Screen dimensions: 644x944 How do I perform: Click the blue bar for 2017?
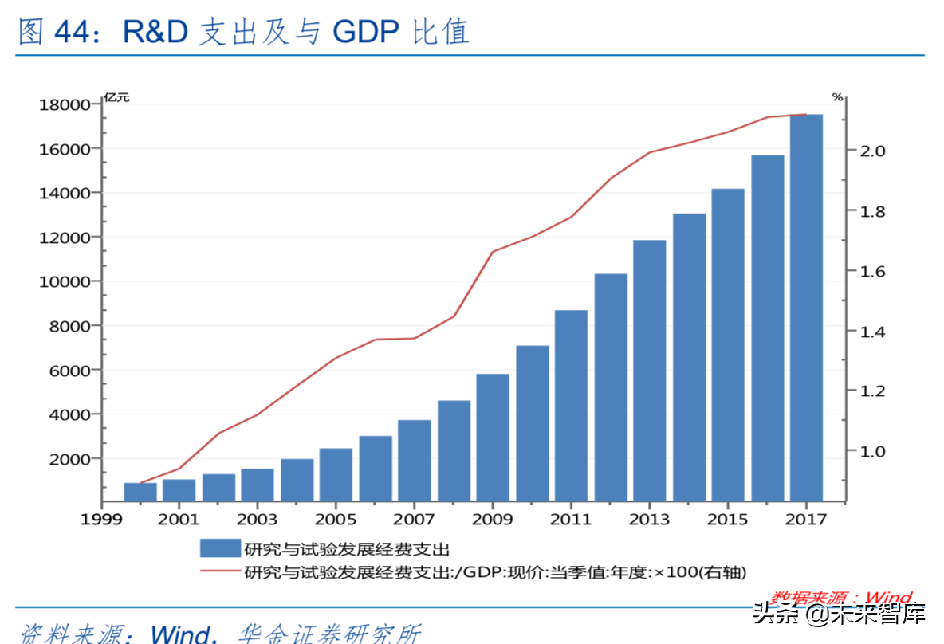point(806,308)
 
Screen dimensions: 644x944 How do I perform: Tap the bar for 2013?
point(649,370)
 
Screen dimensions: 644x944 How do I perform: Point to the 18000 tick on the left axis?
point(60,104)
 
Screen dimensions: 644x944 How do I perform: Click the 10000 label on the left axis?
point(60,281)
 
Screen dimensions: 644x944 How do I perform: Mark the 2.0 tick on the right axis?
point(870,151)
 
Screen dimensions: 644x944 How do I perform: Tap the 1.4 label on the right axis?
point(870,331)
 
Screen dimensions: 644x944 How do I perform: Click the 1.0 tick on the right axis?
point(870,451)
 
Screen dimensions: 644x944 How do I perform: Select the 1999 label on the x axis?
point(100,520)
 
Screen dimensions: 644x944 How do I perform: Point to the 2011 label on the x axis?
point(571,520)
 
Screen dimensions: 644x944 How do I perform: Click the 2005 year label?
point(336,520)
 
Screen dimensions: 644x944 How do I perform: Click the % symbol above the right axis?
point(837,97)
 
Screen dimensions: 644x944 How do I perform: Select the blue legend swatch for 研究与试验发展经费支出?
point(219,548)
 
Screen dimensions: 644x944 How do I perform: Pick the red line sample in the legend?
point(219,571)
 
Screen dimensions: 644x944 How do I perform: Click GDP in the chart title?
point(367,31)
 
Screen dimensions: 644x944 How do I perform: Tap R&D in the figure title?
point(156,31)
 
